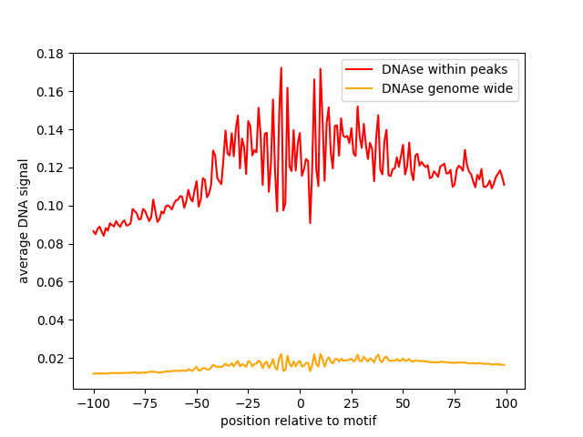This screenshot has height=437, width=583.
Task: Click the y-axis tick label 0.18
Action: (51, 54)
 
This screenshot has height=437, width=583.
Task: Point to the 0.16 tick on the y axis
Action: (51, 92)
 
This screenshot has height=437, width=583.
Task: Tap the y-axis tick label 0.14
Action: (51, 130)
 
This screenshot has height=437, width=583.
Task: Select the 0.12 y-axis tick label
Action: (51, 168)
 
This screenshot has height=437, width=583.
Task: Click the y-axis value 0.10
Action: (51, 206)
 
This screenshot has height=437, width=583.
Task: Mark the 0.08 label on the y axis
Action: (51, 244)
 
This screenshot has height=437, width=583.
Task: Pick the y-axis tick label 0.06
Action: (51, 282)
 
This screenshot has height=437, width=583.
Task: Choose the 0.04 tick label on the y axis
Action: (51, 320)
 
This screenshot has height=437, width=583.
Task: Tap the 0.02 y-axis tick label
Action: (51, 358)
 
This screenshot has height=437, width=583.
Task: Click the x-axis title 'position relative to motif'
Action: (299, 422)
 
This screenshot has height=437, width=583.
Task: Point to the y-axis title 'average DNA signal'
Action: (24, 220)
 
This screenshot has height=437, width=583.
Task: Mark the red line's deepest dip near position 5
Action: (310, 223)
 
